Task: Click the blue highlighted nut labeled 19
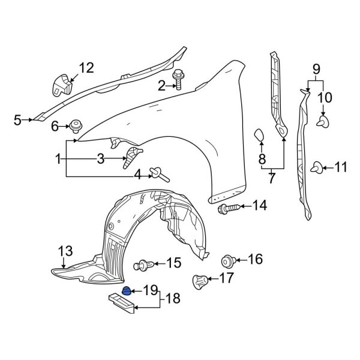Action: (x=127, y=291)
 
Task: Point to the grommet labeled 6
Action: (x=75, y=126)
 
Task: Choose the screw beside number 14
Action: (x=227, y=208)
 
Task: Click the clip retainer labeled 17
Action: (x=199, y=280)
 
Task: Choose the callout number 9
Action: (x=316, y=69)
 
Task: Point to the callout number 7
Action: (x=271, y=178)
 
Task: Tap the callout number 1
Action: (x=58, y=159)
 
